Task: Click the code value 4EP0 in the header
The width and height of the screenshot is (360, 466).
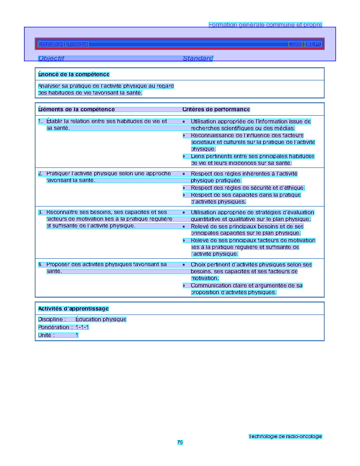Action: [315, 44]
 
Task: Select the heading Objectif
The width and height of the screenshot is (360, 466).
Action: [51, 58]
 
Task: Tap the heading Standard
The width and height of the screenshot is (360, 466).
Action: [198, 58]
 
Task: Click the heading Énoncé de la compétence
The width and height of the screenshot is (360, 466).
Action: [74, 75]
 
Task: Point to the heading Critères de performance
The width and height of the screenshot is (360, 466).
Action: [216, 110]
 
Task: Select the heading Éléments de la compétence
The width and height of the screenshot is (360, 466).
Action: [76, 110]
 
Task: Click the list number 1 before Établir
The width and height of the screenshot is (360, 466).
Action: [40, 121]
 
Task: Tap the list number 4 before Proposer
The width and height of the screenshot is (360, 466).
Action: [40, 264]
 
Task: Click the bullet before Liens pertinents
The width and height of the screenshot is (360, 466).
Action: [184, 156]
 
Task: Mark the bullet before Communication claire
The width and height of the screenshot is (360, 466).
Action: [184, 286]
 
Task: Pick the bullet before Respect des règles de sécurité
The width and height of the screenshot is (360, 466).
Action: [184, 188]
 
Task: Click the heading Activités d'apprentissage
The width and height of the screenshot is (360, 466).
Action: [73, 309]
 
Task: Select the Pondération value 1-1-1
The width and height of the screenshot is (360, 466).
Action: [82, 327]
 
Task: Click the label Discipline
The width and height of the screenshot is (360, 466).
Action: [52, 320]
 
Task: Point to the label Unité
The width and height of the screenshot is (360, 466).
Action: [46, 335]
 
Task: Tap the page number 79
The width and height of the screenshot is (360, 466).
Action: [180, 442]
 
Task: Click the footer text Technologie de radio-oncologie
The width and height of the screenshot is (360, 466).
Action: [285, 436]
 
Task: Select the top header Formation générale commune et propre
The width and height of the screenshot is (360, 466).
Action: [265, 25]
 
